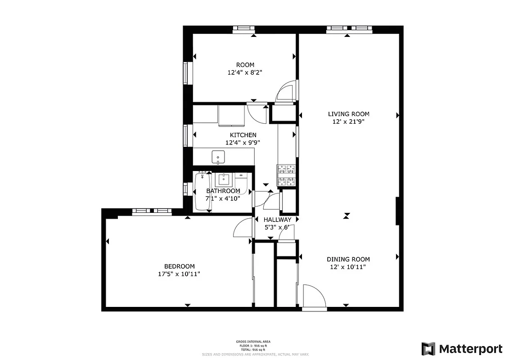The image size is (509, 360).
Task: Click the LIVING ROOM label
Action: pyautogui.click(x=348, y=114)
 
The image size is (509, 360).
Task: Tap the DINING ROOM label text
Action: pyautogui.click(x=348, y=259)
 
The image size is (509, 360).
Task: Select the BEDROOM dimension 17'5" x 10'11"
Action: pyautogui.click(x=179, y=274)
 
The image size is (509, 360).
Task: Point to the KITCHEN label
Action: pyautogui.click(x=243, y=135)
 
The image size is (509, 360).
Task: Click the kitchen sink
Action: pyautogui.click(x=218, y=157)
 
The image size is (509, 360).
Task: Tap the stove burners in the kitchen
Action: pyautogui.click(x=287, y=175)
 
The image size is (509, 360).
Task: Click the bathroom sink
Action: pyautogui.click(x=223, y=180)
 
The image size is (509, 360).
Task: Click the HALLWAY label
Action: pyautogui.click(x=277, y=220)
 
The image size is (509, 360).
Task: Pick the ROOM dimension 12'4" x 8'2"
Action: pyautogui.click(x=245, y=72)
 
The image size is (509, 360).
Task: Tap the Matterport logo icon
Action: pyautogui.click(x=428, y=349)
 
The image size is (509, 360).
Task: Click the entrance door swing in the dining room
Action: pyautogui.click(x=314, y=297)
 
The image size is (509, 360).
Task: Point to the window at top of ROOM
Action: pyautogui.click(x=243, y=29)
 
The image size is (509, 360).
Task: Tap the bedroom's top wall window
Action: pyautogui.click(x=151, y=211)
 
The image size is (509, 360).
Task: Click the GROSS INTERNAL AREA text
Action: pyautogui.click(x=253, y=342)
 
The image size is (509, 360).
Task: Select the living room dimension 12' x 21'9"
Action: pyautogui.click(x=348, y=121)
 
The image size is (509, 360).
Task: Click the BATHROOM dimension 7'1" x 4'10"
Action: pyautogui.click(x=223, y=198)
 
